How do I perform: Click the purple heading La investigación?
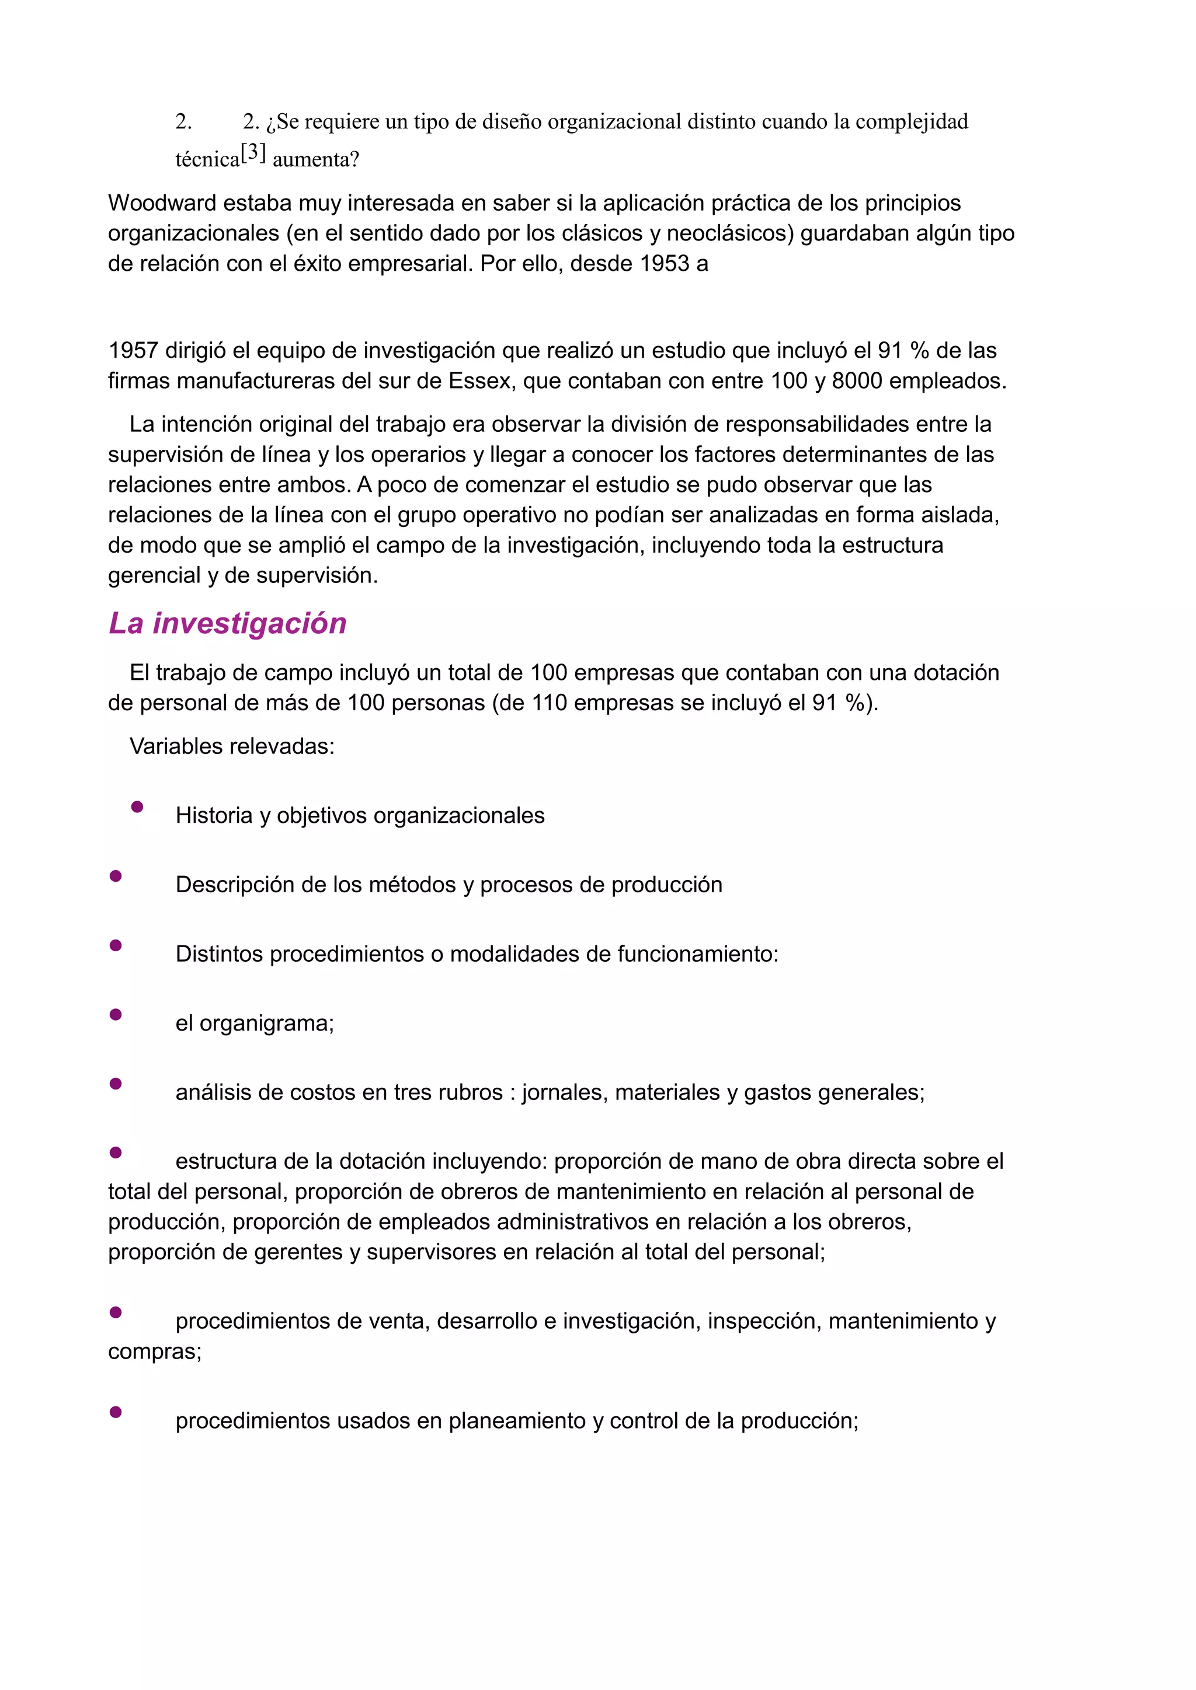coord(228,623)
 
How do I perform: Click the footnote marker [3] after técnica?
coord(253,152)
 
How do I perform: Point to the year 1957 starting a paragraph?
coord(133,350)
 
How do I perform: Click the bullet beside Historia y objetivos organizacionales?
coord(137,806)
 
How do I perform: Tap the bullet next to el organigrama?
coord(116,1014)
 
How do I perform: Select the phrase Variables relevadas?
coord(232,746)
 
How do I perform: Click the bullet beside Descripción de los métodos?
coord(116,876)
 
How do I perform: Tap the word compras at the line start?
coord(153,1352)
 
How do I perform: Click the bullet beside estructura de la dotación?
coord(116,1153)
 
